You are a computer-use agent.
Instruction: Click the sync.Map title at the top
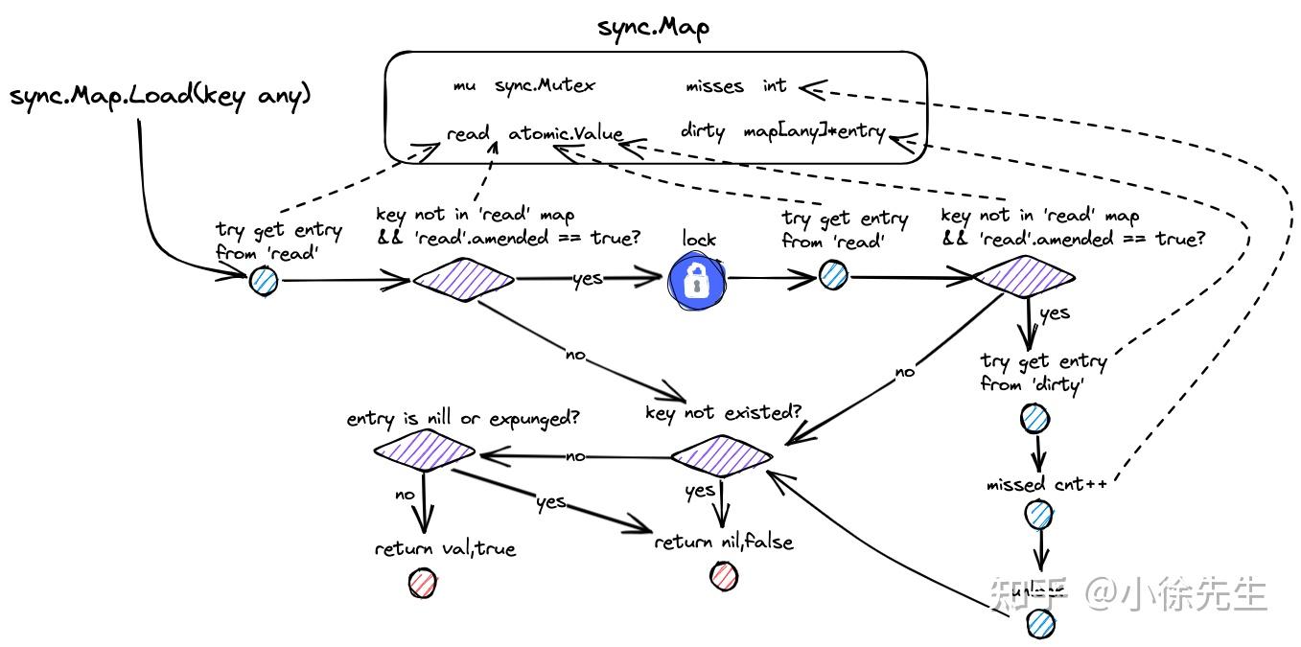point(653,27)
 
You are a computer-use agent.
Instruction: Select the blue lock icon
point(695,280)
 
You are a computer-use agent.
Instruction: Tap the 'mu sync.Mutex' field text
point(523,85)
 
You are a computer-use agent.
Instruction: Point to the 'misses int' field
point(735,86)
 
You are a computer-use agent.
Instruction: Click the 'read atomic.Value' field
point(534,134)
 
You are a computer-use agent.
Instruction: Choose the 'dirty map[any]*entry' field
point(782,132)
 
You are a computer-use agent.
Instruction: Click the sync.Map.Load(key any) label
point(160,96)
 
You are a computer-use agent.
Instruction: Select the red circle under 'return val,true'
point(422,582)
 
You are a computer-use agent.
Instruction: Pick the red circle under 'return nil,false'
point(724,576)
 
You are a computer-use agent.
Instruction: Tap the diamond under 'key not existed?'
point(721,455)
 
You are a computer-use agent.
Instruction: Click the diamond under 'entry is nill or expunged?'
point(425,451)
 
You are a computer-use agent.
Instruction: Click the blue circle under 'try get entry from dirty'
point(1034,418)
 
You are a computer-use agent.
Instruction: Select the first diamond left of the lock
point(463,280)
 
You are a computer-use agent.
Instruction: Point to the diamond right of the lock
point(1024,277)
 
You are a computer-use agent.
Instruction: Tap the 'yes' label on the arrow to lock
point(587,278)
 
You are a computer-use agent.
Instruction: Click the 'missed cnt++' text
point(1046,484)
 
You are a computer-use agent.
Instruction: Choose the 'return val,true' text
point(445,549)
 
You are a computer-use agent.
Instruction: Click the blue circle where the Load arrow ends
point(264,281)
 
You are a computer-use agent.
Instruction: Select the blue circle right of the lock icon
point(832,276)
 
